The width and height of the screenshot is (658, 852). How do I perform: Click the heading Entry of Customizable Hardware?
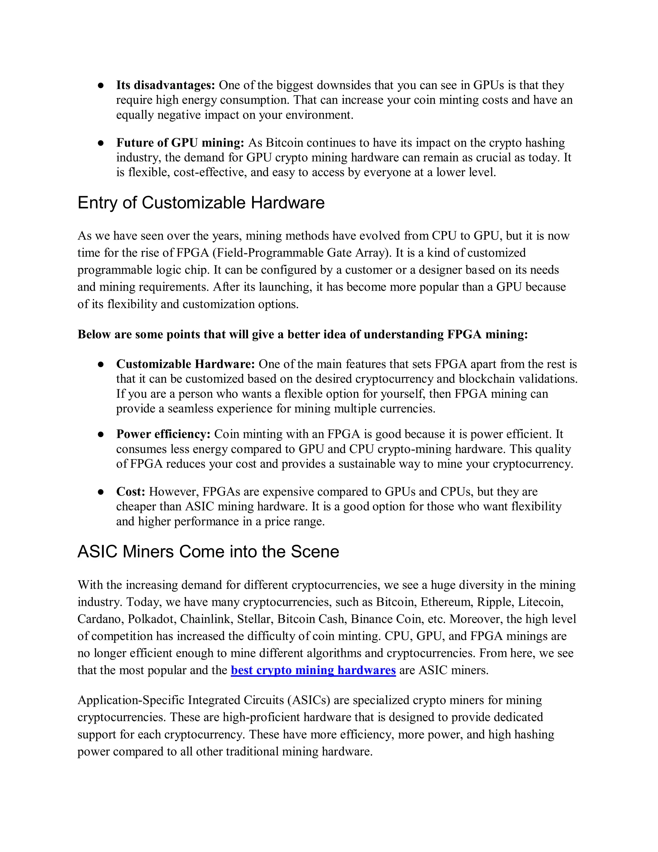coord(201,203)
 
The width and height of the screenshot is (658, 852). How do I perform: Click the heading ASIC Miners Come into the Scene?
coord(208,552)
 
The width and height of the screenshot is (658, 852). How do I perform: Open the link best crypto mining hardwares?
coord(313,670)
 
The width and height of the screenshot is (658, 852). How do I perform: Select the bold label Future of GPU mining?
coord(180,143)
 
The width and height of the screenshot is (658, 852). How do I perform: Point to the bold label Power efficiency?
coord(163,434)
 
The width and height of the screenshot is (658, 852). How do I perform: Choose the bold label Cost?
coord(130,492)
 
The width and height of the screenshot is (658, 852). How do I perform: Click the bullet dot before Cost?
coord(101,492)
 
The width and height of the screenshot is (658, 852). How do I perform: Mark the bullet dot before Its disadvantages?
coord(101,86)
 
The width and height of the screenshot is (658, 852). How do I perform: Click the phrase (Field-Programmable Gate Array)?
coord(301,253)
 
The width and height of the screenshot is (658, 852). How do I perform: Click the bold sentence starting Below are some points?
coord(302,334)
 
